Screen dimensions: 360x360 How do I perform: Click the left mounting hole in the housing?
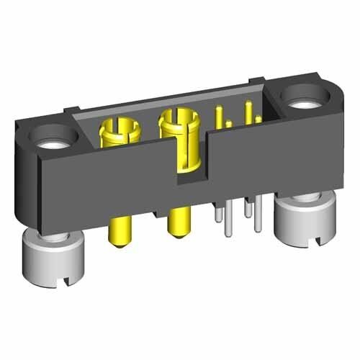tap(54, 137)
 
